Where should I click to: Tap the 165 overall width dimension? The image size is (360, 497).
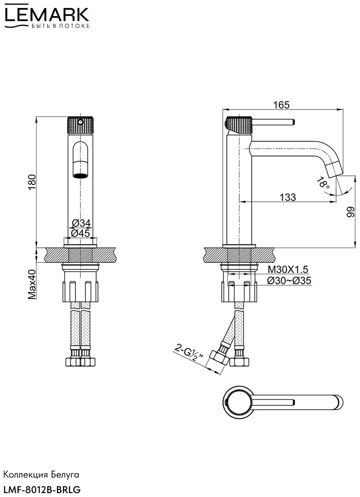click(x=281, y=105)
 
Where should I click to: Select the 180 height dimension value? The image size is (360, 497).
click(x=32, y=182)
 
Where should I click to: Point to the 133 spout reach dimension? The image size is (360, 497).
click(x=288, y=197)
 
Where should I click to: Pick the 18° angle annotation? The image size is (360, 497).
click(x=323, y=183)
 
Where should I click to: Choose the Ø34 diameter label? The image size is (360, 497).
click(x=81, y=223)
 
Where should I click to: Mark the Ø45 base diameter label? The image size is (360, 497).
click(x=80, y=233)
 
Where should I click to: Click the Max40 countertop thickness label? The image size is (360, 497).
click(x=32, y=285)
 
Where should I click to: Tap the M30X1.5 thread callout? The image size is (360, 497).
click(x=288, y=270)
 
